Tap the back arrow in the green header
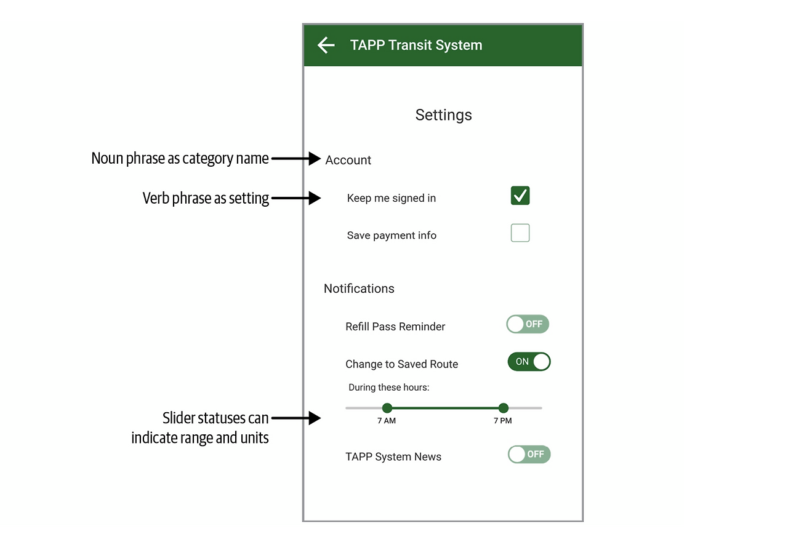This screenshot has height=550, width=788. pos(326,45)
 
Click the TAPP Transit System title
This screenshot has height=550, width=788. pos(416,45)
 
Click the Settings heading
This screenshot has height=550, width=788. pos(443,115)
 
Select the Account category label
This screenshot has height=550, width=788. pos(348,160)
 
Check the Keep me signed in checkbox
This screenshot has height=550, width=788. pos(520,196)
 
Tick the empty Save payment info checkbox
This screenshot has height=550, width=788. pos(520,233)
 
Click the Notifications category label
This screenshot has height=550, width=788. pos(359,289)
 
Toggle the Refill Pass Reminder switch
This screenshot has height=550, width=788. pos(528,324)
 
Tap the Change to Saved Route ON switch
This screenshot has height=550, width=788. pos(529,362)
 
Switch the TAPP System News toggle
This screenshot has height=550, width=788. pos(529,454)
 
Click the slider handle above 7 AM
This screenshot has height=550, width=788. pos(387,408)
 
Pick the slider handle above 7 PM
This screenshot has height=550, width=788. pos(504,408)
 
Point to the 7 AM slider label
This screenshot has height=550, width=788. pos(386,421)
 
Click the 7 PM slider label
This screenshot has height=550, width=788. pos(503,421)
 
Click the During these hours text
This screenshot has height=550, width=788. pos(388,387)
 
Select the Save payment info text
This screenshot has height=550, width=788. pos(392,235)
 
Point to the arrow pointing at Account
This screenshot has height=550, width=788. pos(296,159)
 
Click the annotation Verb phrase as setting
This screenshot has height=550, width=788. pos(206,198)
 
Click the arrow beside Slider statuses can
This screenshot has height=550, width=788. pos(296,418)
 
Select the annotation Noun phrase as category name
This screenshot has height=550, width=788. pos(180,159)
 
